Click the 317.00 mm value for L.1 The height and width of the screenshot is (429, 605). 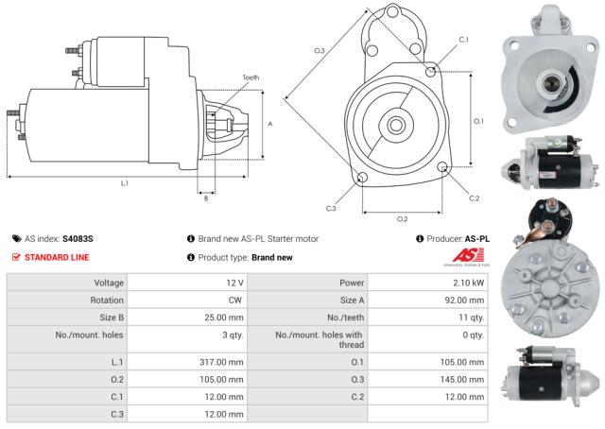pos(224,361)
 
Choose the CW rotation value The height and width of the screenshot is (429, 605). pos(236,300)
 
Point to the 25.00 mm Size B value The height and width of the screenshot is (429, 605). pos(224,317)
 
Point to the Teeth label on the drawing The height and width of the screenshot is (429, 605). pos(250,77)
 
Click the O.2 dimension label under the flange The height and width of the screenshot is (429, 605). pos(401,218)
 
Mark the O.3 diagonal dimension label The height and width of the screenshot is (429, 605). pos(320,50)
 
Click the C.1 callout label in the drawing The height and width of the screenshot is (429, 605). pos(462,40)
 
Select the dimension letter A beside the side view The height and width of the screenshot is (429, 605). pos(270,124)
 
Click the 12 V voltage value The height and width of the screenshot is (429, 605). pos(235,283)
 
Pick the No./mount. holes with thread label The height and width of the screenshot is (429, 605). pos(319,339)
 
